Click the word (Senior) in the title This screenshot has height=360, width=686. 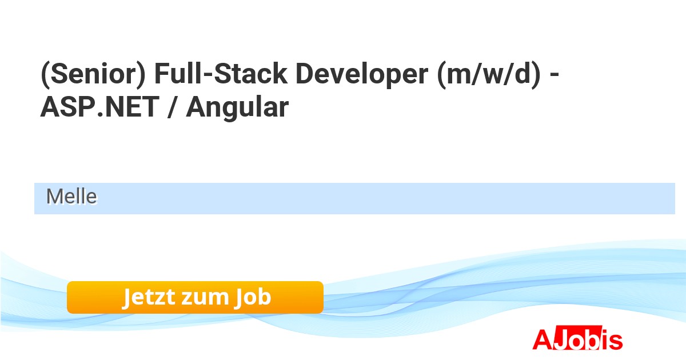[x=93, y=74]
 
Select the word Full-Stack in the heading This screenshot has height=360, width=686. [x=221, y=74]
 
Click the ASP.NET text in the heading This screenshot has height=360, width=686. [x=100, y=107]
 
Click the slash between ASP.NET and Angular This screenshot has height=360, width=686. [x=173, y=107]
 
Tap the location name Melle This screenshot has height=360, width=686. [x=71, y=197]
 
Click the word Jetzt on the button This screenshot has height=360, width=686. [x=149, y=297]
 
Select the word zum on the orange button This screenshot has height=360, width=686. [x=205, y=298]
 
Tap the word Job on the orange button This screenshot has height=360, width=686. [x=253, y=297]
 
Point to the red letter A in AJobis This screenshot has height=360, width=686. [x=543, y=339]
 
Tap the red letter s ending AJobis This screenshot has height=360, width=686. [x=615, y=342]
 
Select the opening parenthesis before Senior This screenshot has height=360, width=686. [x=45, y=75]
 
